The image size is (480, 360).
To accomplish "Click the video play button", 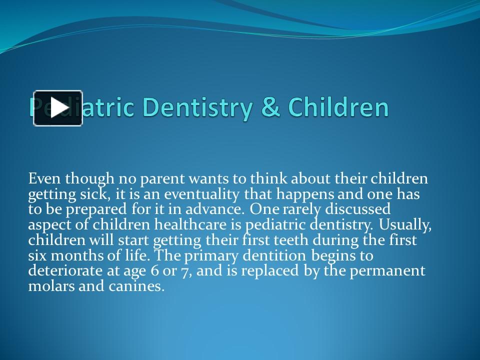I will pyautogui.click(x=58, y=108).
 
